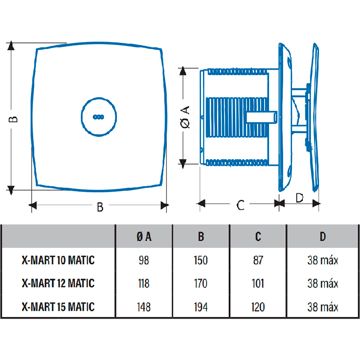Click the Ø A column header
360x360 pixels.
click(144, 236)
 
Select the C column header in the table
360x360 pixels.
click(258, 236)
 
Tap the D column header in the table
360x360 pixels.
click(323, 236)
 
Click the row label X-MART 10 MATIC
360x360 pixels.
click(58, 260)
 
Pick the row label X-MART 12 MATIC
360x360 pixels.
click(58, 283)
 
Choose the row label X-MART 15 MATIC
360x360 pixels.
click(58, 307)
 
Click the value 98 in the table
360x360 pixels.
click(144, 261)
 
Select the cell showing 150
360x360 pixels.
click(201, 261)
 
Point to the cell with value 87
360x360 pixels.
click(258, 261)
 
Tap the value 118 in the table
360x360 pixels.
click(144, 284)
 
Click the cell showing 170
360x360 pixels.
click(201, 284)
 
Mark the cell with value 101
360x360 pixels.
click(258, 284)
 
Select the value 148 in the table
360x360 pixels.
click(144, 307)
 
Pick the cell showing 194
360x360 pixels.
click(201, 307)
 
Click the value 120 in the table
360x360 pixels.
click(258, 307)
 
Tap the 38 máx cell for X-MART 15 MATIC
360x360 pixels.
click(323, 307)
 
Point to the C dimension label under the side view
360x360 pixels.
click(240, 205)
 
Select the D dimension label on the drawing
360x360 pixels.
click(299, 198)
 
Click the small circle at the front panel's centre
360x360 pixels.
click(98, 117)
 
